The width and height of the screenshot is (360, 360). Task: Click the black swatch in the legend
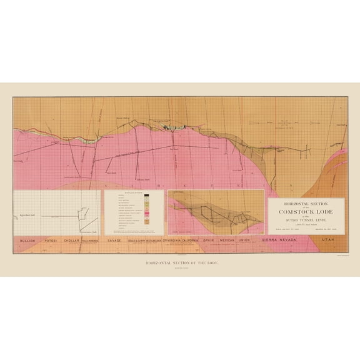tap(146, 197)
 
